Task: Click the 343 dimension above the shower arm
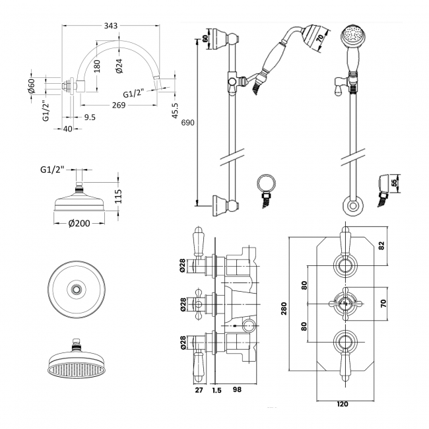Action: (111, 26)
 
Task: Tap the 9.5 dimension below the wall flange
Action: (90, 117)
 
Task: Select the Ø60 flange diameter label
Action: (30, 86)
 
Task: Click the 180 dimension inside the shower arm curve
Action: (97, 67)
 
